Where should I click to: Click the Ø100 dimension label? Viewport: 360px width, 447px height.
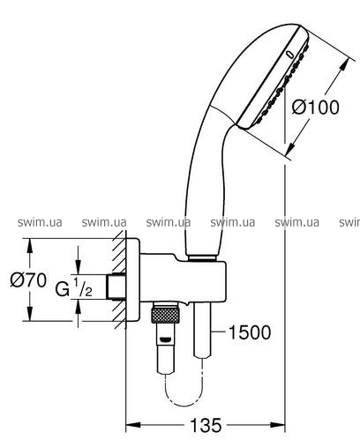(x=315, y=107)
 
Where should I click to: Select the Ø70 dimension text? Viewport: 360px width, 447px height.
(x=28, y=279)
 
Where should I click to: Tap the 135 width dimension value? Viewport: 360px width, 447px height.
(x=206, y=425)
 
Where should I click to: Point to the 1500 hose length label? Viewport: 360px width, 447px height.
(x=250, y=332)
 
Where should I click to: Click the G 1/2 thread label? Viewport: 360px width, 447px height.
(x=74, y=288)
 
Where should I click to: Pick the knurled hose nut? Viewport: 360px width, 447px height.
(x=165, y=314)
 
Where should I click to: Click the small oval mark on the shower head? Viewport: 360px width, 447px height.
(x=290, y=54)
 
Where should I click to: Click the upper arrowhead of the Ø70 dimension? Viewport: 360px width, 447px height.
(x=29, y=246)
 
